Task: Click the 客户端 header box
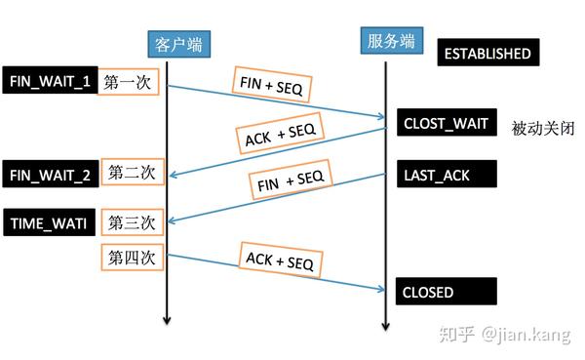click(x=178, y=42)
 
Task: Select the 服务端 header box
click(x=389, y=40)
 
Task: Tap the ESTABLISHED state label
click(x=487, y=53)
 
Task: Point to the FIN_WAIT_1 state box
click(x=51, y=82)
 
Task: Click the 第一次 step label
click(x=130, y=83)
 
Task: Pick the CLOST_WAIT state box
click(x=446, y=124)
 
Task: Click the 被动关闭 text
click(x=542, y=128)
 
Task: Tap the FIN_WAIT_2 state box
click(x=51, y=175)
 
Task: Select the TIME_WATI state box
click(x=49, y=222)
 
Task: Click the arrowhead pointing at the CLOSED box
click(x=381, y=288)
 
